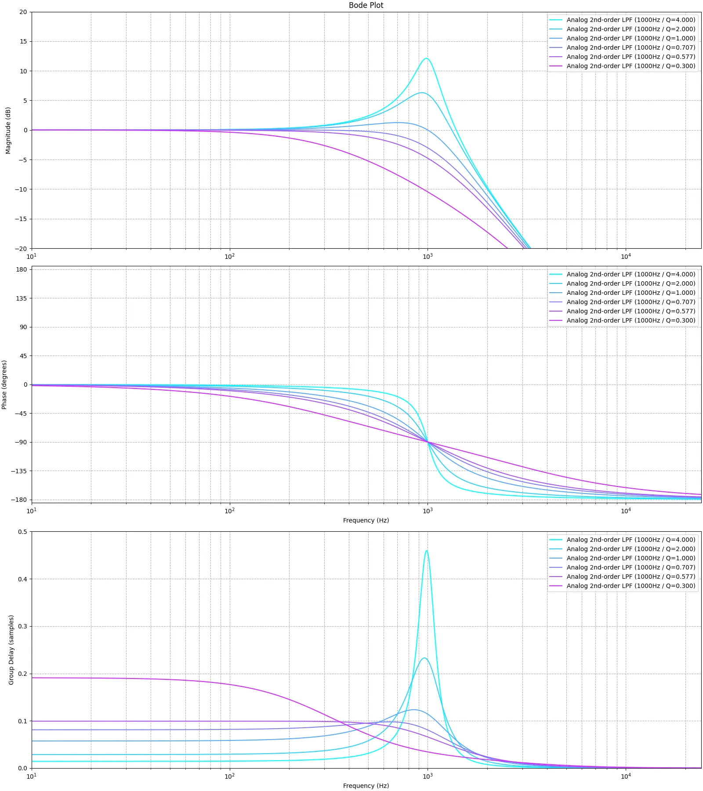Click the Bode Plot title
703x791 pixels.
point(366,5)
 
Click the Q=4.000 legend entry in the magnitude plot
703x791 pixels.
point(631,20)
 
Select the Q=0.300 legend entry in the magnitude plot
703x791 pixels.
point(631,66)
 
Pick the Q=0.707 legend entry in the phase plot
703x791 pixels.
point(631,302)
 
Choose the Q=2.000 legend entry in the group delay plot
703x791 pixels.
point(631,549)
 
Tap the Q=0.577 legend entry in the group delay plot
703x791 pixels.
point(631,577)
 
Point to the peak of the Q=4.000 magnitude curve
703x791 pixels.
point(426,58)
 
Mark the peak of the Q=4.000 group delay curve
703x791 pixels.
point(426,551)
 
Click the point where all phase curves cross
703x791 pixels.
point(428,442)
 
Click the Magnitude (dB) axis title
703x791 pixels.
point(8,131)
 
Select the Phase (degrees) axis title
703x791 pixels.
point(4,385)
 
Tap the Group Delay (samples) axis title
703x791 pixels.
point(11,649)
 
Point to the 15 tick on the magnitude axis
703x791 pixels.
point(23,41)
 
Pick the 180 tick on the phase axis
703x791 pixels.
point(22,269)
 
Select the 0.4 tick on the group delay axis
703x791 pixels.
point(22,579)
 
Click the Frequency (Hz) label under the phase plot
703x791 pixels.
point(366,520)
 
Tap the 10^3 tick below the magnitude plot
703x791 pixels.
point(428,256)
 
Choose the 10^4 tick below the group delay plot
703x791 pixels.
point(626,776)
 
